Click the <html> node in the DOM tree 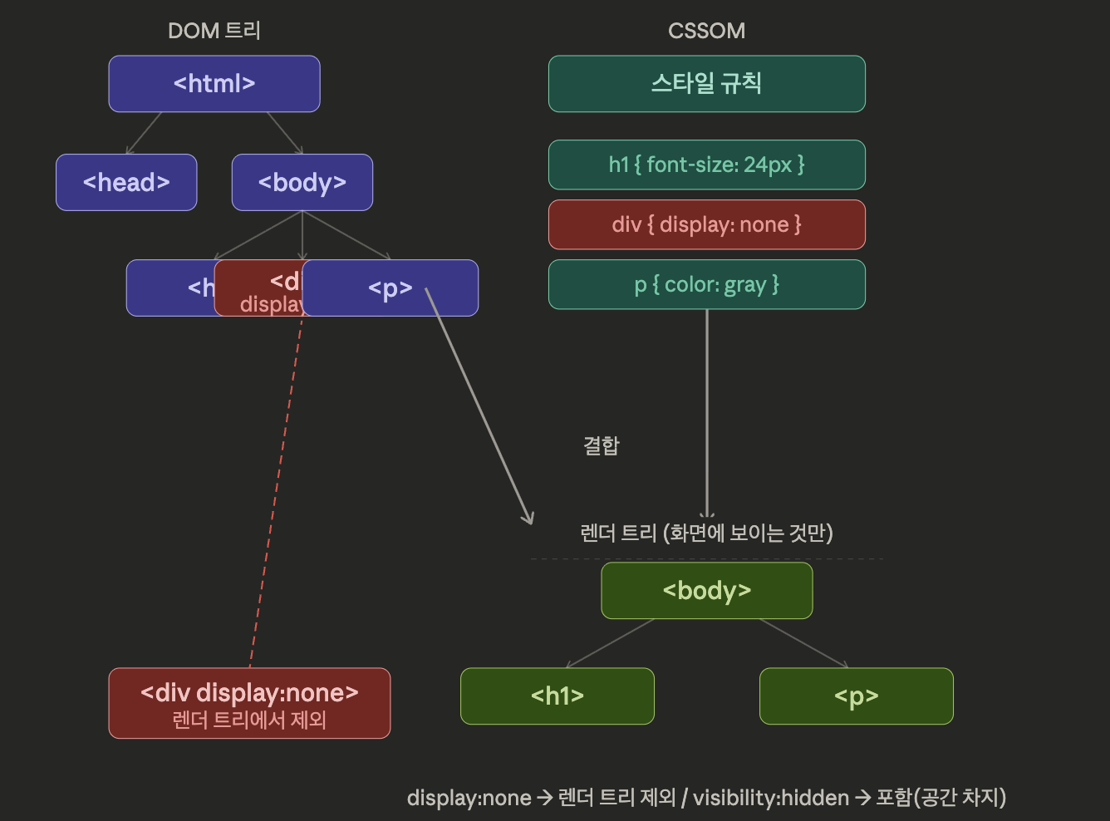pyautogui.click(x=214, y=84)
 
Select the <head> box pyautogui.click(x=126, y=182)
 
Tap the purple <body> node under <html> pyautogui.click(x=302, y=182)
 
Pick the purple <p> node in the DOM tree pyautogui.click(x=390, y=288)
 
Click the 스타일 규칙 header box pyautogui.click(x=706, y=84)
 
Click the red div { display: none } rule pyautogui.click(x=706, y=224)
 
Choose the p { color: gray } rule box pyautogui.click(x=706, y=284)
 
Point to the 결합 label pyautogui.click(x=601, y=445)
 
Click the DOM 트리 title pyautogui.click(x=214, y=31)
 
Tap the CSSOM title pyautogui.click(x=706, y=31)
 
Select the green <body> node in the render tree pyautogui.click(x=706, y=591)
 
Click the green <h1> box pyautogui.click(x=557, y=696)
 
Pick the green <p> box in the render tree pyautogui.click(x=856, y=696)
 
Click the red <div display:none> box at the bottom pyautogui.click(x=249, y=703)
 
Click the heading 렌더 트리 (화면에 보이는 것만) pyautogui.click(x=706, y=533)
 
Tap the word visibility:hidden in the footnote pyautogui.click(x=770, y=798)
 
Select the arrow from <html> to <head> pyautogui.click(x=144, y=133)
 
